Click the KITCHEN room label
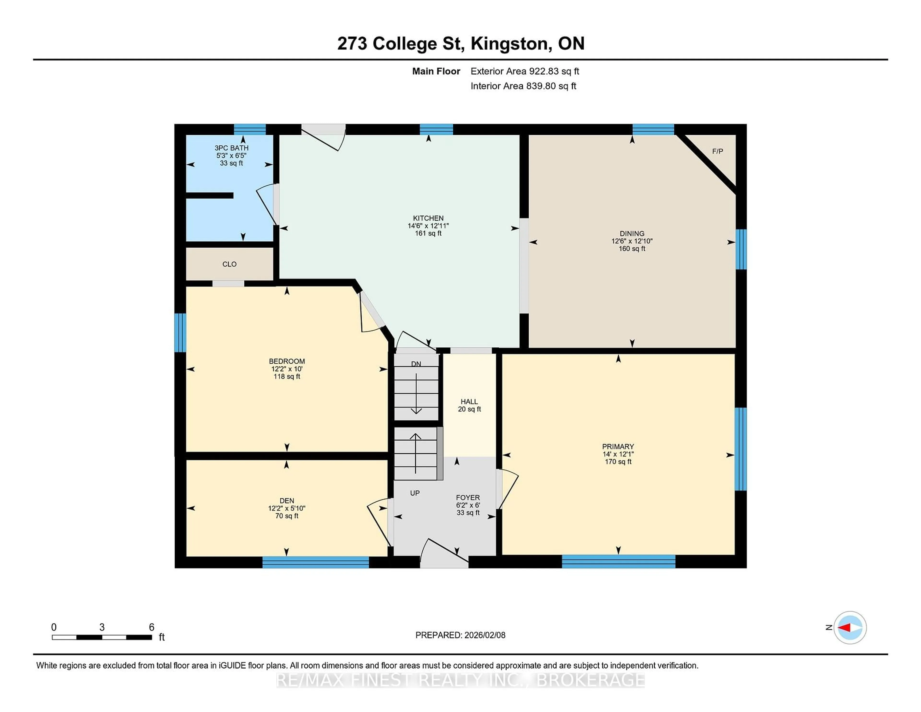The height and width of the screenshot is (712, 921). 428,218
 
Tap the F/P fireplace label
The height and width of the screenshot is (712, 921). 717,151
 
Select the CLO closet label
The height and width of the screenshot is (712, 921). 229,264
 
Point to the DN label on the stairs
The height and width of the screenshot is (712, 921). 416,364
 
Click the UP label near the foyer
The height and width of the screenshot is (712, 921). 414,493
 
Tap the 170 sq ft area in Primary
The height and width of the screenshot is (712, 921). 618,462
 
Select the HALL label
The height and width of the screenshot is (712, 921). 469,402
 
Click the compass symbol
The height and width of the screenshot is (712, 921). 850,628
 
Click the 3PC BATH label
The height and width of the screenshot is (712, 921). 231,148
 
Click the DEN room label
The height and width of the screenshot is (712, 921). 287,501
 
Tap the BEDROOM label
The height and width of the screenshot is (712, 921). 287,361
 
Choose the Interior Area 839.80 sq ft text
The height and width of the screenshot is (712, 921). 523,86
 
